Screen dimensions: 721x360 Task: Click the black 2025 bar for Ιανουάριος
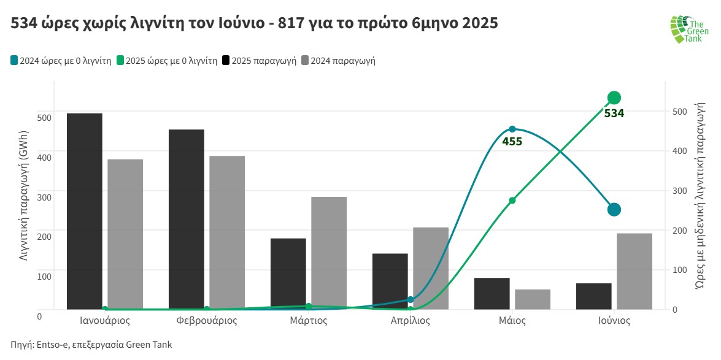click(x=85, y=211)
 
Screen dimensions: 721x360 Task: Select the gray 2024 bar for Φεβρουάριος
click(x=227, y=232)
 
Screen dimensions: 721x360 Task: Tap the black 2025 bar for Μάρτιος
click(x=288, y=274)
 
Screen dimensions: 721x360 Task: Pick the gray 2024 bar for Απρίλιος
click(x=431, y=268)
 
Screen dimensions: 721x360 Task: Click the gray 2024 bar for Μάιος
click(x=533, y=299)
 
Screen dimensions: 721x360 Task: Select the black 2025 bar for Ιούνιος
click(x=593, y=296)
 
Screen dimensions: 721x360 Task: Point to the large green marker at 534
click(x=614, y=98)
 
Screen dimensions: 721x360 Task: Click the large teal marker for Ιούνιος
click(x=614, y=210)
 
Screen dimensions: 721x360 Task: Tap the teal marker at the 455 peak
click(x=512, y=129)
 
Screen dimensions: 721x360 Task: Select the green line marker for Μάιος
click(x=512, y=201)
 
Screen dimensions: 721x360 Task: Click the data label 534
click(x=614, y=113)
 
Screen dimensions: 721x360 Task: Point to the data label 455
click(x=512, y=142)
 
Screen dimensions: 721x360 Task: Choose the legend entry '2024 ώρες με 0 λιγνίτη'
click(x=61, y=61)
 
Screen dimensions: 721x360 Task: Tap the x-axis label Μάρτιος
click(x=308, y=321)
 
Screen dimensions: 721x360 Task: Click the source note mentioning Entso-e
click(x=91, y=345)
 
